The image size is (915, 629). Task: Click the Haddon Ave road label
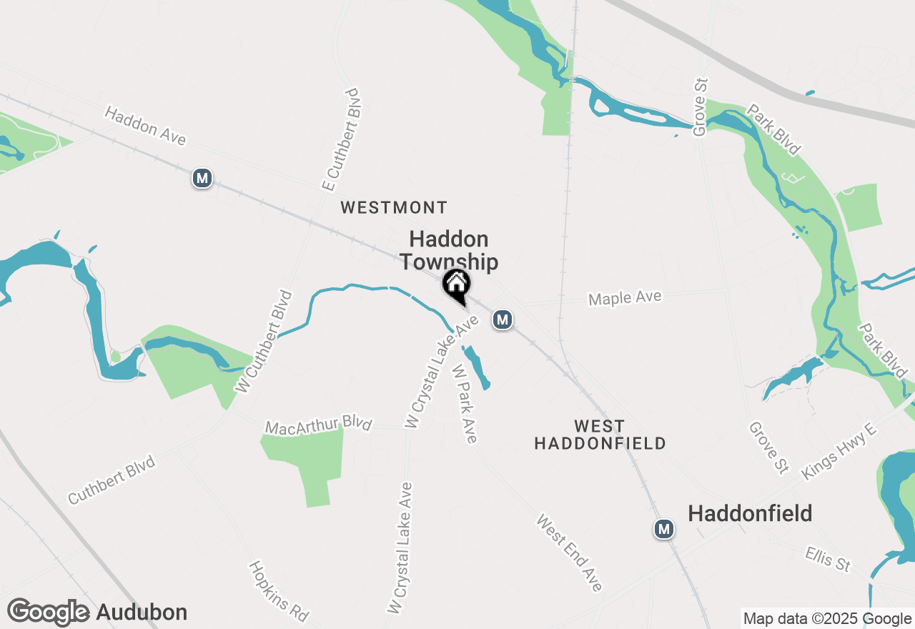coord(145,127)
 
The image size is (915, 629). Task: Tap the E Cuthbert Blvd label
coord(340,140)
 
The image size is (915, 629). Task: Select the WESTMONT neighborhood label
coord(394,208)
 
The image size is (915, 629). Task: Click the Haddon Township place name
coord(448,250)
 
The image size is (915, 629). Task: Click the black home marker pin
coord(456,285)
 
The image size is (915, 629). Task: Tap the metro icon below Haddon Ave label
coord(202,178)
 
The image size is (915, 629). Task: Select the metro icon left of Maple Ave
coord(503,319)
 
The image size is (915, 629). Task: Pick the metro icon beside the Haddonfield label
coord(665,529)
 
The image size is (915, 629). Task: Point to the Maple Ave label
coord(625,297)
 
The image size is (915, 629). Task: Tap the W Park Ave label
coord(464,403)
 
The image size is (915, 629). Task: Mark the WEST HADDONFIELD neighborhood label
coord(600,435)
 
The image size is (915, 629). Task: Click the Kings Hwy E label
coord(839,455)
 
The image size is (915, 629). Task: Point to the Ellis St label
coord(828,559)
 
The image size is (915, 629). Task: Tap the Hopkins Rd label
coord(279,590)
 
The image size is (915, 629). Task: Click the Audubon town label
coord(142,613)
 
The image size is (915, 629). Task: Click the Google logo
coord(49,613)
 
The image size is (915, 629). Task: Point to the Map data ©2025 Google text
coord(827,619)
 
